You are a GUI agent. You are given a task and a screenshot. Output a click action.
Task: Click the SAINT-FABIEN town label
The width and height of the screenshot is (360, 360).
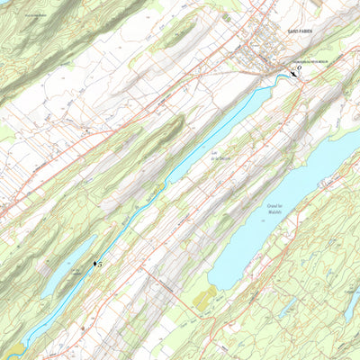pos(300,31)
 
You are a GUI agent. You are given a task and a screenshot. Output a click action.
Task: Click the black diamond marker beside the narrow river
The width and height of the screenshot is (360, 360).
pos(94,263)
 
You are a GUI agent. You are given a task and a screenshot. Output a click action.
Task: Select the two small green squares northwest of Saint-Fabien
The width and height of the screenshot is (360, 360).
pos(226,17)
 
